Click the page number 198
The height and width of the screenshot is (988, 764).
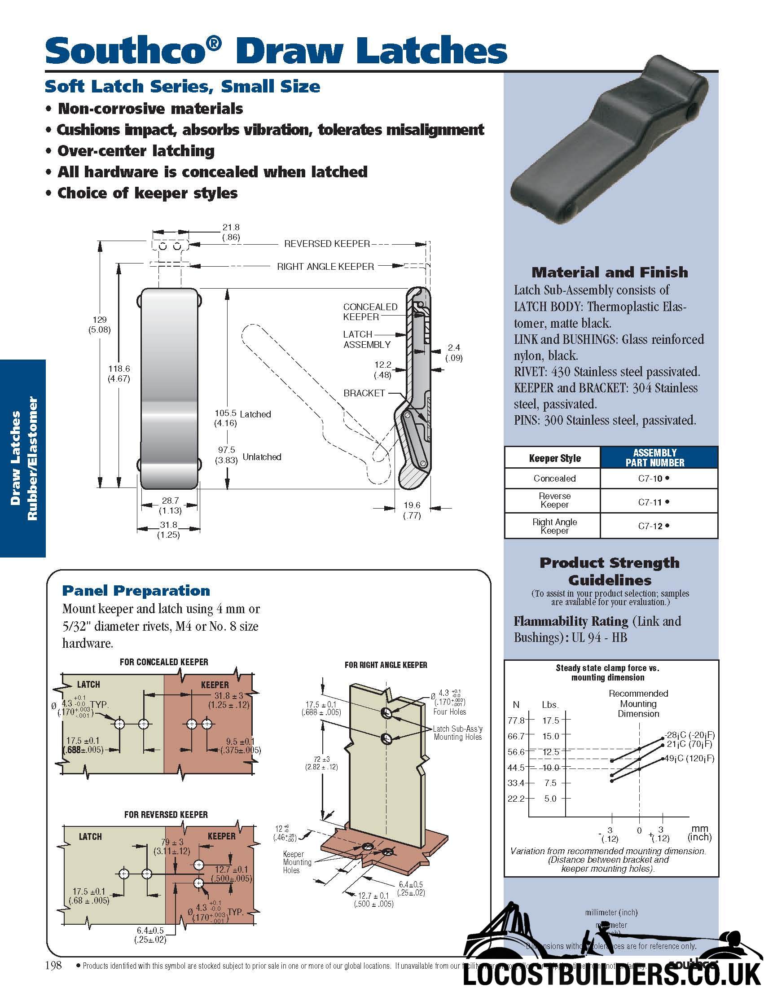click(53, 966)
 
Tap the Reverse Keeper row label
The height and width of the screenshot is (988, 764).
click(554, 501)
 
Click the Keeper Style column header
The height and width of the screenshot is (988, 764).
click(554, 458)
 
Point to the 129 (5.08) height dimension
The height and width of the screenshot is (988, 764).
click(99, 325)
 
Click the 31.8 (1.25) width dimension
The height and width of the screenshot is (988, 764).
click(168, 530)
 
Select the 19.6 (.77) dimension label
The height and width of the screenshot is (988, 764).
click(412, 510)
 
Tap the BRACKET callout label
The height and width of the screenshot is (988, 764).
click(364, 393)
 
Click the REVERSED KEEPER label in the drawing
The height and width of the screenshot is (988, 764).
click(327, 244)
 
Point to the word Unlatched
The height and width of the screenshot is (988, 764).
click(262, 457)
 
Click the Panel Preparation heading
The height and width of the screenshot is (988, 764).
click(136, 591)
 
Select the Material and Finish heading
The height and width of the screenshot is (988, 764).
click(610, 272)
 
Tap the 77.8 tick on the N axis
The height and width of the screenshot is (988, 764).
click(516, 720)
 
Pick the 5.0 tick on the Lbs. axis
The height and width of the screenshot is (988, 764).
click(550, 799)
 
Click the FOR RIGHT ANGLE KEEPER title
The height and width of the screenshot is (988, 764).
click(386, 665)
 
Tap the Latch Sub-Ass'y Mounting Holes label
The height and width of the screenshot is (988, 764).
click(458, 733)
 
